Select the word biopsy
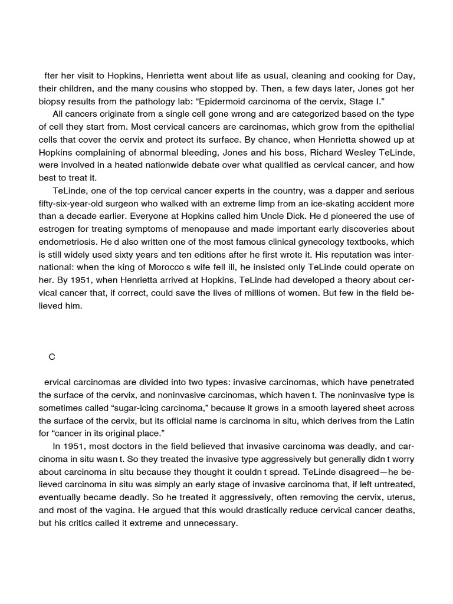tap(52, 101)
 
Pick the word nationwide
tap(168, 165)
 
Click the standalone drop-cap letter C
tap(52, 356)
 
